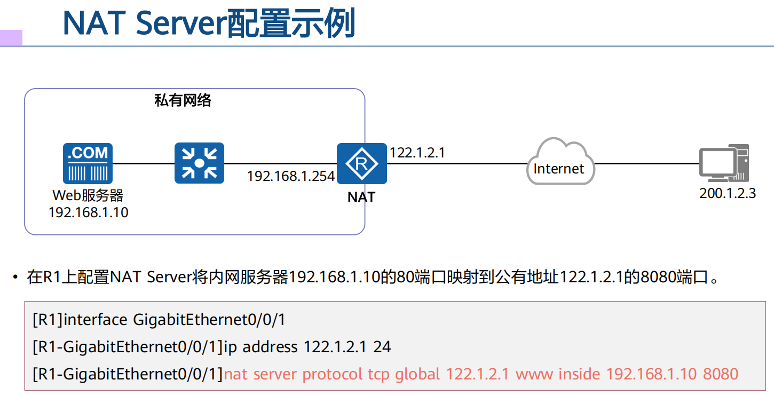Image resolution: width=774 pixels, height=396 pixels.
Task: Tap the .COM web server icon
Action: [88, 163]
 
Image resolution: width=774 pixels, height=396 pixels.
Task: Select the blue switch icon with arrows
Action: [199, 163]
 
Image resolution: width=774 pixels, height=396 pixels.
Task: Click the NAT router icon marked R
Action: [361, 163]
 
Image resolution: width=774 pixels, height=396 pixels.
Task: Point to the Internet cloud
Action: [559, 163]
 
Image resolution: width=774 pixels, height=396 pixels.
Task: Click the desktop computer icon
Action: [724, 163]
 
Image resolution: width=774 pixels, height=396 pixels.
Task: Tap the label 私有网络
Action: [183, 100]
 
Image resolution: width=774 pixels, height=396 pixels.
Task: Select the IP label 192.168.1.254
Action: [290, 176]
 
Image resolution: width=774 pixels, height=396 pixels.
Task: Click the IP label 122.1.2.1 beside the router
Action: [417, 153]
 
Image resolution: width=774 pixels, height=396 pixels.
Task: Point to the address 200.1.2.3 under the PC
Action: [728, 193]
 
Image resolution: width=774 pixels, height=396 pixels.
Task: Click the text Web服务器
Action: [88, 195]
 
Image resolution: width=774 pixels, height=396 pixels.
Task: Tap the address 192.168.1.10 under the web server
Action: [88, 212]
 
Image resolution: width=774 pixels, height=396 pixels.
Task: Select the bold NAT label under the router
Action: [361, 197]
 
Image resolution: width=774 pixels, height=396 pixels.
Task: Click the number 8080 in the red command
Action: [720, 374]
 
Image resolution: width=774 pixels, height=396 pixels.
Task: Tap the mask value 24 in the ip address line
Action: [382, 347]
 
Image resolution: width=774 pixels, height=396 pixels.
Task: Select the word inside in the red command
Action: [580, 374]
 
